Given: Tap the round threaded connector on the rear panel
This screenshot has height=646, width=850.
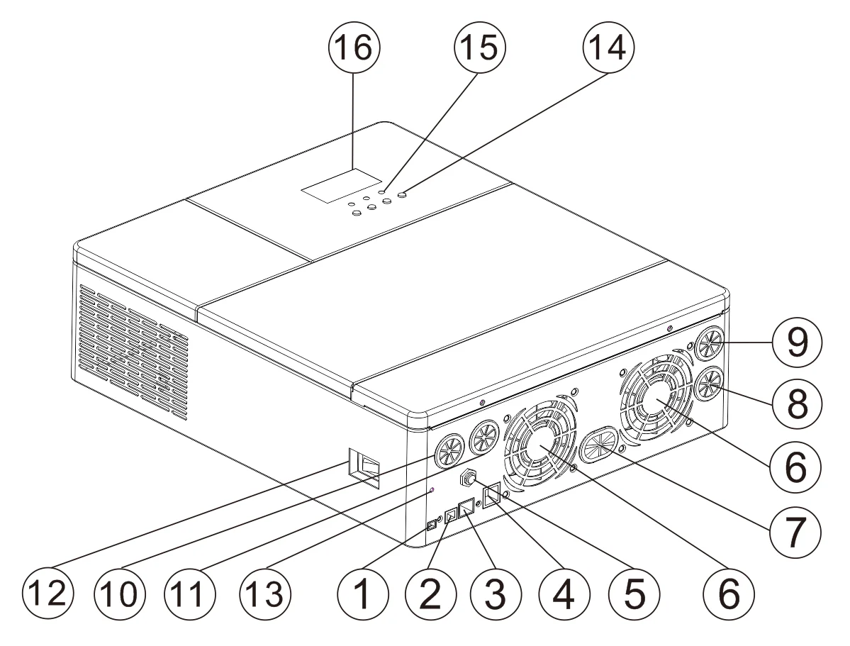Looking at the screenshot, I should pos(469,477).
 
